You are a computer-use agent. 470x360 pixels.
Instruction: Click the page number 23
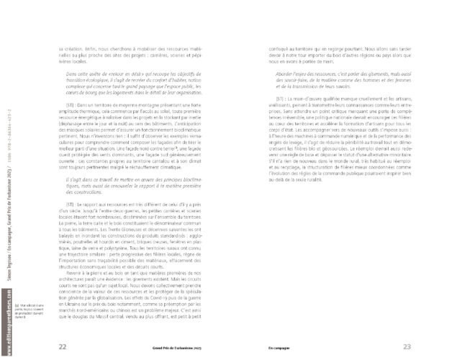(407, 346)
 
